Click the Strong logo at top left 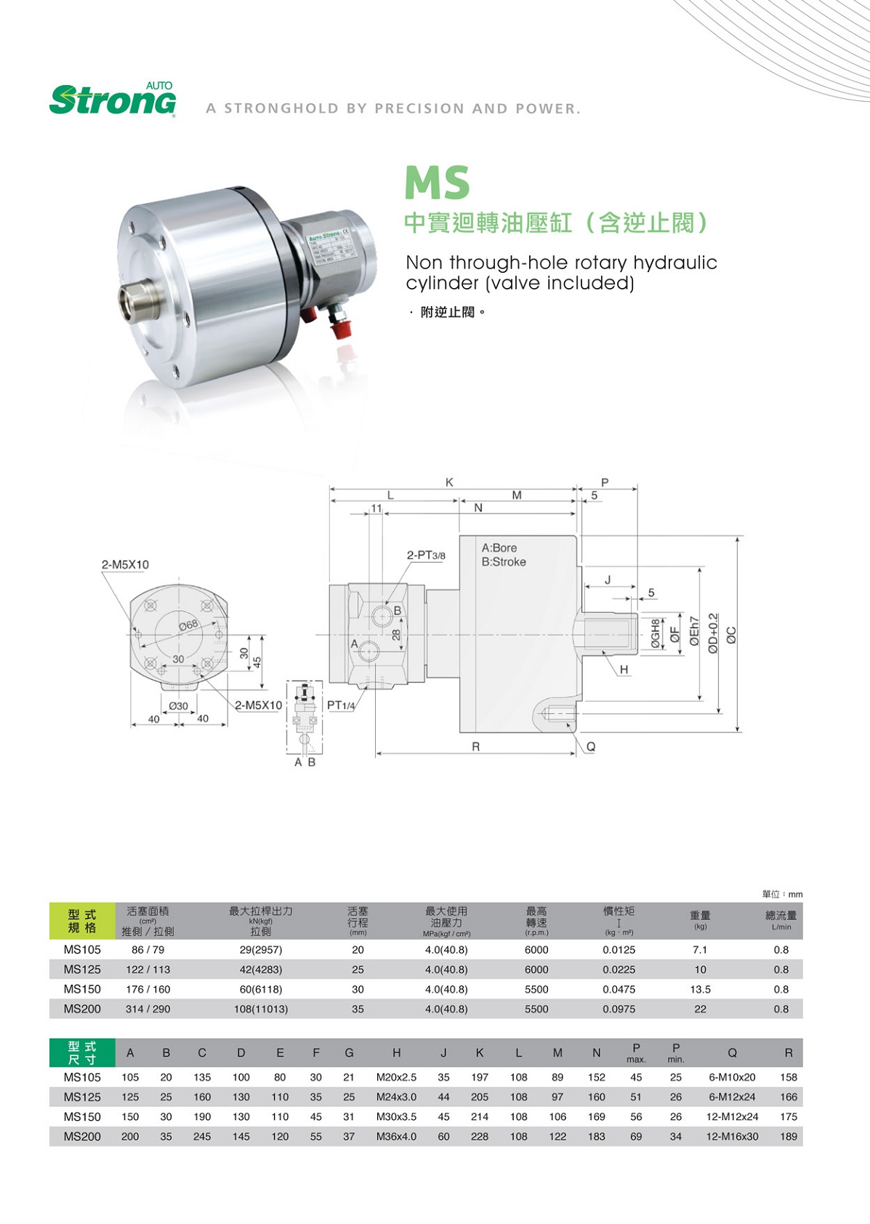113,99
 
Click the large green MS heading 437,183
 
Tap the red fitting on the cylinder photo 340,328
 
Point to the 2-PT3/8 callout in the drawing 425,556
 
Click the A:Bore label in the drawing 499,548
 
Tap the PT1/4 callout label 341,705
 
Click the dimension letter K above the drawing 449,482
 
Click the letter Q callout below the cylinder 591,747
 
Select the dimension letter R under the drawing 475,747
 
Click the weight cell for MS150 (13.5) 700,989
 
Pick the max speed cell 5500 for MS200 536,1009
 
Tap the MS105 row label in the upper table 82,950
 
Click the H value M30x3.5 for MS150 396,1116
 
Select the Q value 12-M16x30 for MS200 732,1136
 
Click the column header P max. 636,1052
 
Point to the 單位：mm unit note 782,894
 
